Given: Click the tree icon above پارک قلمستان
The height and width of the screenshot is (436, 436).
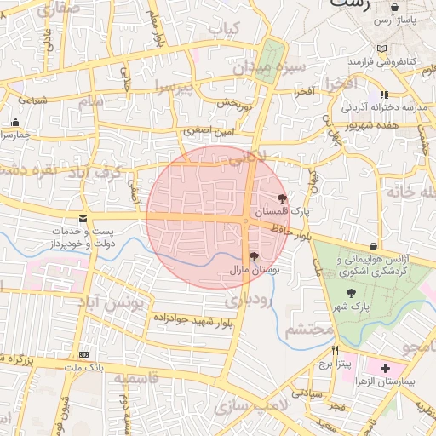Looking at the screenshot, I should (x=283, y=198).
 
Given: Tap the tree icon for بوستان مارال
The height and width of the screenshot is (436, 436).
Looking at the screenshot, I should (x=254, y=256).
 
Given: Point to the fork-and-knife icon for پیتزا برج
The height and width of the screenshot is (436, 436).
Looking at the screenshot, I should (x=335, y=351).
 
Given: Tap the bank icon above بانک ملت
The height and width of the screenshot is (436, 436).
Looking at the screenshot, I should (x=83, y=354).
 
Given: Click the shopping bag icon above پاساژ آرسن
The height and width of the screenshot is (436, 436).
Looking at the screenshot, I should (x=393, y=7).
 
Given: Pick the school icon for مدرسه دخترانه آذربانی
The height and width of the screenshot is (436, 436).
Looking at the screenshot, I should (x=384, y=95).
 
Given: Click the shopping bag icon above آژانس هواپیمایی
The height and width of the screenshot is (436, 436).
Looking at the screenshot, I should (x=397, y=245).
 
